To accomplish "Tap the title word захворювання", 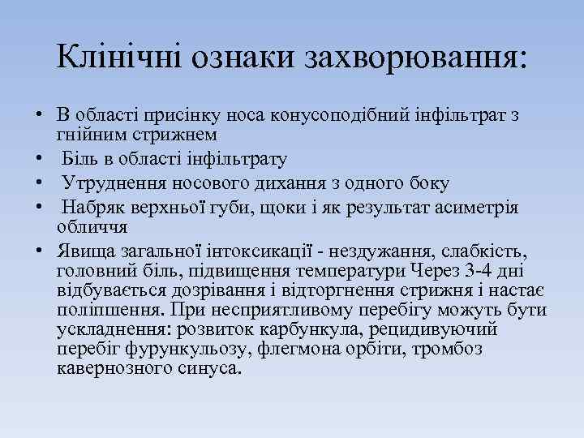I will (x=413, y=56).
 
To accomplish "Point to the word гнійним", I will (x=91, y=131).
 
